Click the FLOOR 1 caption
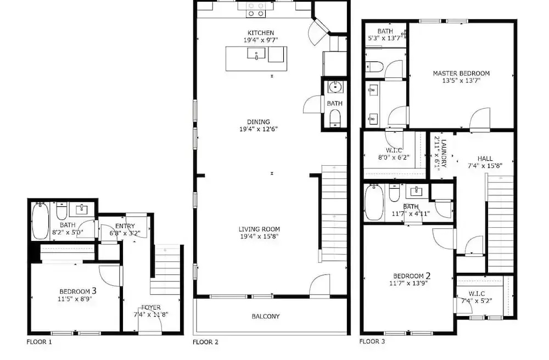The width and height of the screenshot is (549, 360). (39, 342)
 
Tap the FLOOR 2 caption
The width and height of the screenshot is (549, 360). (205, 342)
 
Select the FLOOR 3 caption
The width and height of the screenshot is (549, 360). (372, 341)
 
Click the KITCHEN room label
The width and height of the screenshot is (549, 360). (261, 33)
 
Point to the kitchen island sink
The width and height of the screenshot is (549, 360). (256, 54)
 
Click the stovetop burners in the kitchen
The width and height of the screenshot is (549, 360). (256, 10)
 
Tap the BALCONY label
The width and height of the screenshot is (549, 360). (266, 317)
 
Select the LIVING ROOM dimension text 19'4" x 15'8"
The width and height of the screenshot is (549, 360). (259, 237)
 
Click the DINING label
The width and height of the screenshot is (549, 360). (259, 122)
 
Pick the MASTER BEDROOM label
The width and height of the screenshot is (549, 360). (461, 74)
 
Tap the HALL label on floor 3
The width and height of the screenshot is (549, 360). (485, 159)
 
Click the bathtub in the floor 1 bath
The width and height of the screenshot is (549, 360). (41, 221)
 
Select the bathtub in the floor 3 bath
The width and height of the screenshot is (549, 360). (374, 203)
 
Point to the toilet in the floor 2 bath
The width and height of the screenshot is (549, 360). (335, 117)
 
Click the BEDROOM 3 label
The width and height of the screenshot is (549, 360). (78, 291)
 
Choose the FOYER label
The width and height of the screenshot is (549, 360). (151, 307)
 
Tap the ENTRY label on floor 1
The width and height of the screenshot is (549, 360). (125, 226)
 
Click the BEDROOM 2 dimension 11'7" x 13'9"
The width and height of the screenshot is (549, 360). (408, 283)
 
